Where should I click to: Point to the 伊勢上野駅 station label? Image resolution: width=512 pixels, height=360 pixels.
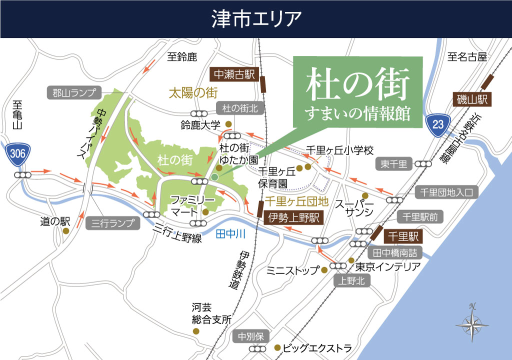pyautogui.click(x=293, y=217)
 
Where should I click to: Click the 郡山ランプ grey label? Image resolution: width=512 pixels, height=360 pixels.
pyautogui.click(x=74, y=92)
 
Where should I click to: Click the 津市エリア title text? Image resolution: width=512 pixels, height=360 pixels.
pyautogui.click(x=256, y=19)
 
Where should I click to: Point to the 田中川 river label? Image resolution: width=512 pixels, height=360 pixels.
pyautogui.click(x=231, y=233)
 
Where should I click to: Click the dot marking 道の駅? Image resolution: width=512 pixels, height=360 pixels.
pyautogui.click(x=66, y=231)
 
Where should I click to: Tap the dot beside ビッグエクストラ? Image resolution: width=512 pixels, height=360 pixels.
pyautogui.click(x=277, y=347)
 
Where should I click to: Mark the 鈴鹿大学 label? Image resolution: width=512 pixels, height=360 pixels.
pyautogui.click(x=200, y=124)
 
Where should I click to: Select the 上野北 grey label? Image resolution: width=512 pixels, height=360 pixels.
pyautogui.click(x=351, y=281)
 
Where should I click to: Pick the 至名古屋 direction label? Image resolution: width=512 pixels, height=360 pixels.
pyautogui.click(x=467, y=57)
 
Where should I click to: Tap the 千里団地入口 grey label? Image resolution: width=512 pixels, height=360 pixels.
pyautogui.click(x=447, y=192)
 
